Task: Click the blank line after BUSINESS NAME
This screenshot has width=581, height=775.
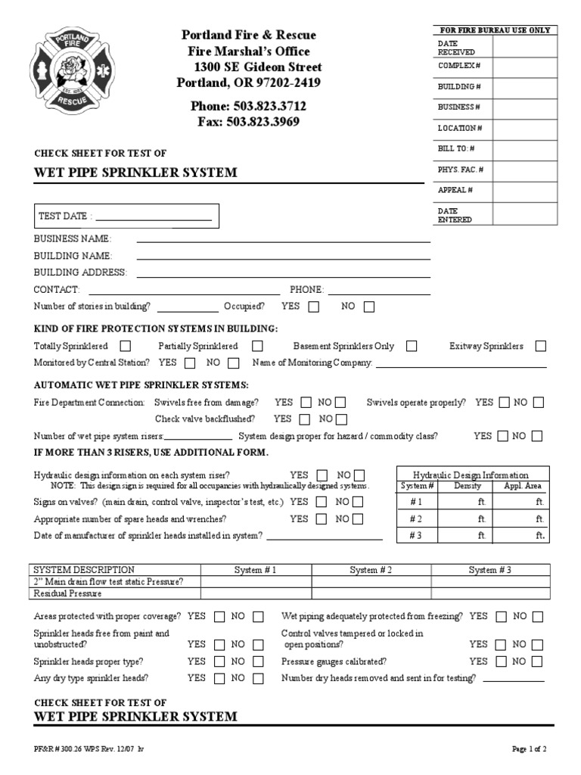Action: click(x=283, y=238)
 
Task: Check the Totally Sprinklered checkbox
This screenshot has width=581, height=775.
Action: click(x=126, y=346)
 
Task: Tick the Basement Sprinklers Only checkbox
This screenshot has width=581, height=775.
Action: click(x=412, y=346)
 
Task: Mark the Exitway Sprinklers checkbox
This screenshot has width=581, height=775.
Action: click(x=540, y=346)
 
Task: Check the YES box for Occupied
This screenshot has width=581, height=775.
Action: click(x=313, y=307)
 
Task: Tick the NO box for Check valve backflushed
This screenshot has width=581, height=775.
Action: click(x=341, y=419)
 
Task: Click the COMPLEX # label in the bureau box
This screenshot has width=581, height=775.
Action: click(x=458, y=66)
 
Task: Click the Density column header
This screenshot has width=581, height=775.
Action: click(x=467, y=486)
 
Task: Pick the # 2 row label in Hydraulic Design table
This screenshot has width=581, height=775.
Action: click(x=417, y=518)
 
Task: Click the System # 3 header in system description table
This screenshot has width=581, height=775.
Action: click(x=489, y=570)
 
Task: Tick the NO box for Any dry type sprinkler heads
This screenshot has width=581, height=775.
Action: click(x=258, y=679)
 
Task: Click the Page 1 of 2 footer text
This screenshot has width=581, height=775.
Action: click(x=529, y=749)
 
